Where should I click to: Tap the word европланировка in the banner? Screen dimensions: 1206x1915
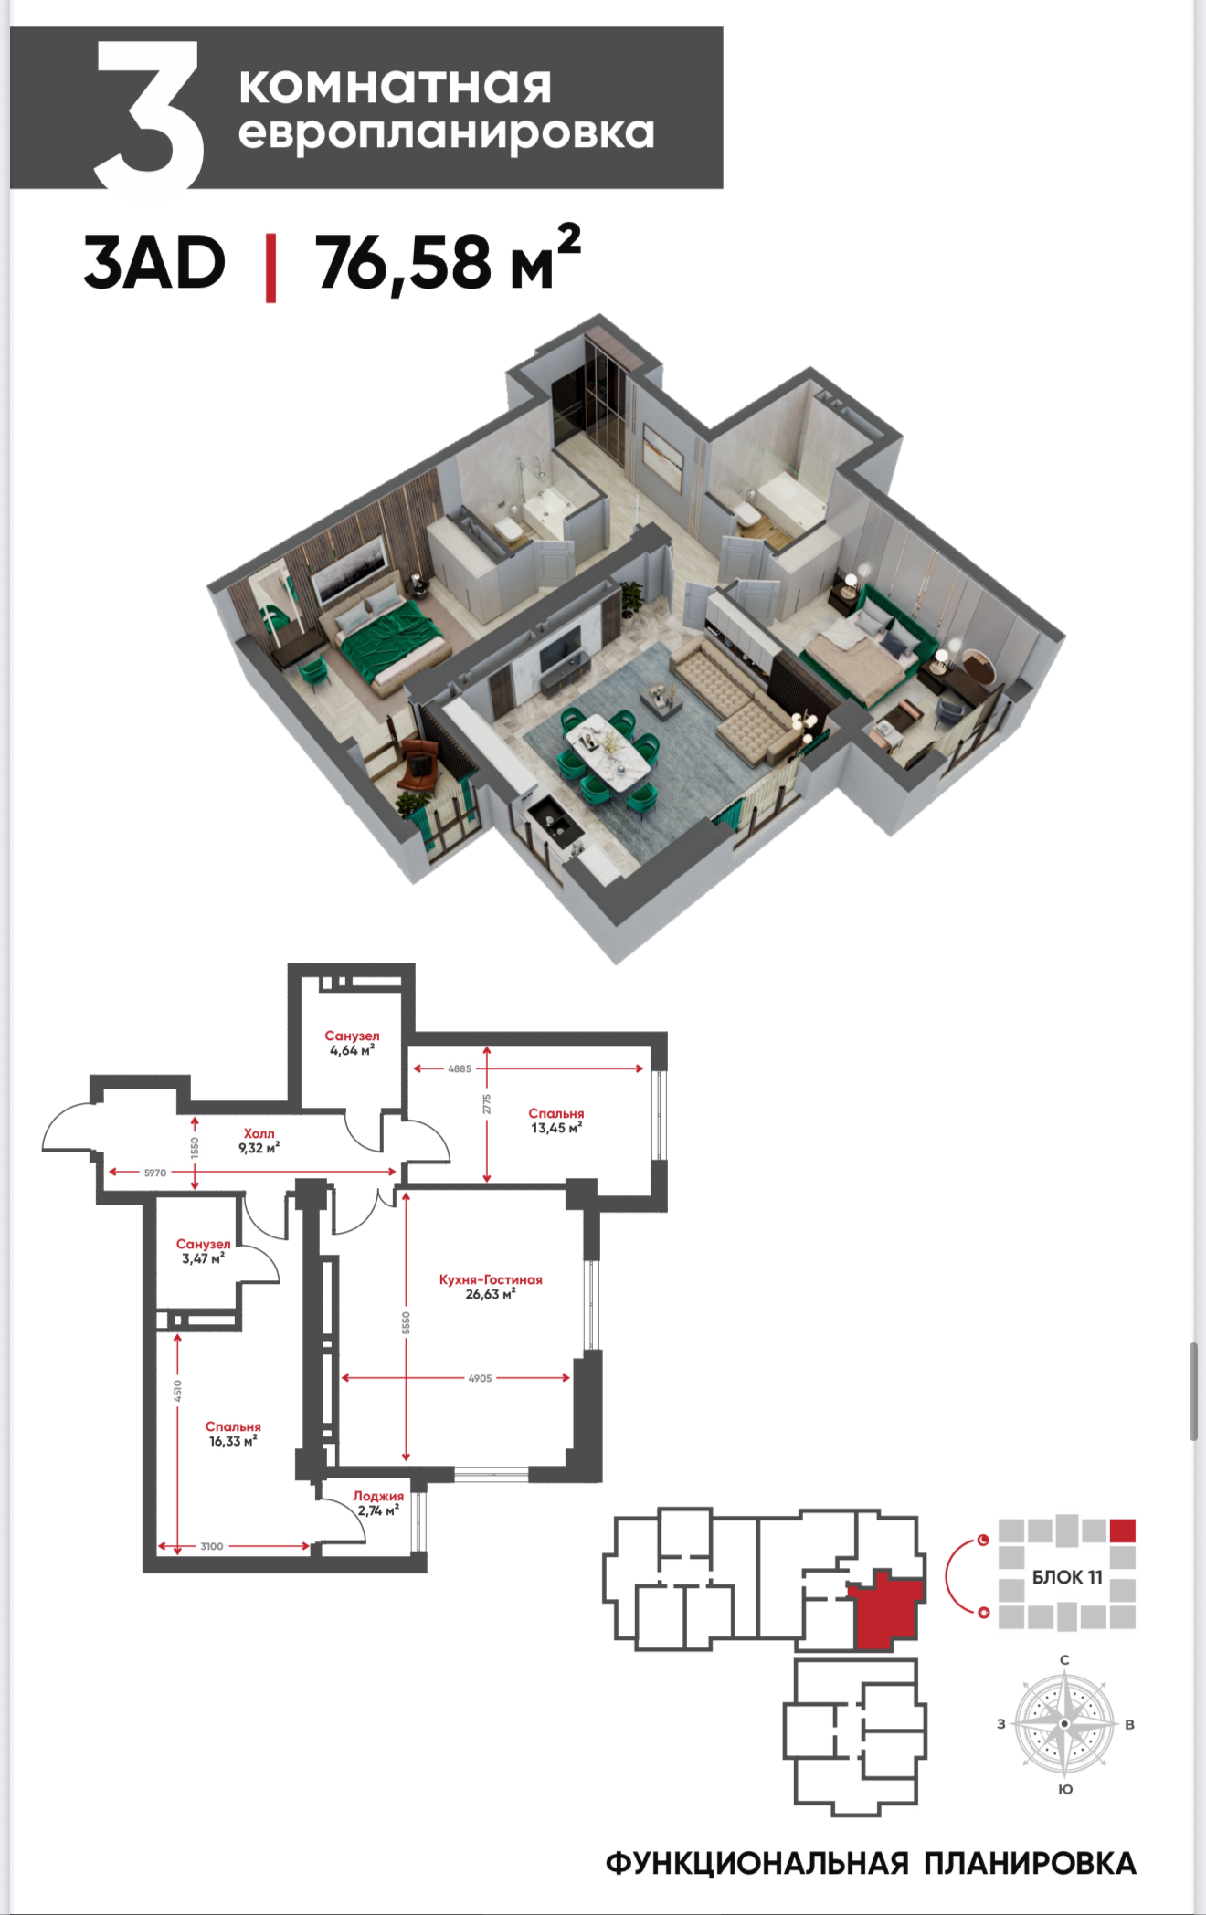pyautogui.click(x=447, y=133)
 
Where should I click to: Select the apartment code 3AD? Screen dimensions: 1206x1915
pyautogui.click(x=153, y=263)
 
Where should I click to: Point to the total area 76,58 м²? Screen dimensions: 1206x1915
pyautogui.click(x=448, y=259)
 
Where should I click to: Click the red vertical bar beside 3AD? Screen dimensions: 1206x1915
pyautogui.click(x=270, y=268)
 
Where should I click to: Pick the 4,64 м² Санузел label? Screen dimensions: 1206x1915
pyautogui.click(x=352, y=1043)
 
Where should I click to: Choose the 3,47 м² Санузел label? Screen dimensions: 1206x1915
pyautogui.click(x=203, y=1251)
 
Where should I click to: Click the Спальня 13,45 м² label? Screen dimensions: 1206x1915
pyautogui.click(x=556, y=1121)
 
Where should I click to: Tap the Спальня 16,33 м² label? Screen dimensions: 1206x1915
pyautogui.click(x=233, y=1434)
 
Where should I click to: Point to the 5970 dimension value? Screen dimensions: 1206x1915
pyautogui.click(x=155, y=1173)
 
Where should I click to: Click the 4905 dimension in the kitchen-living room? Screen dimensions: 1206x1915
pyautogui.click(x=480, y=1378)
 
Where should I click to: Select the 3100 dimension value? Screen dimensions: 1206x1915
pyautogui.click(x=212, y=1546)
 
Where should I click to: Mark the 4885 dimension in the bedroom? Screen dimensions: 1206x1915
pyautogui.click(x=460, y=1068)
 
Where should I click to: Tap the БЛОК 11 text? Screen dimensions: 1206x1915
pyautogui.click(x=1067, y=1577)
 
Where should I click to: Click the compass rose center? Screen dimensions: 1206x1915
pyautogui.click(x=1064, y=1723)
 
